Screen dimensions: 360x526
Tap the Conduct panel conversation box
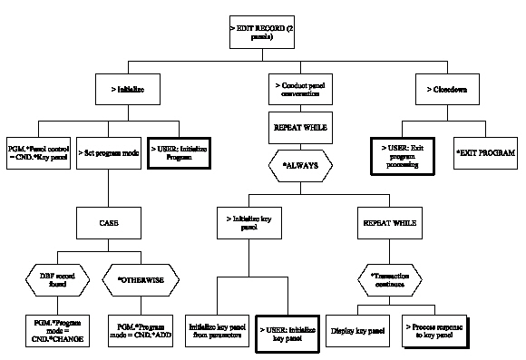303,90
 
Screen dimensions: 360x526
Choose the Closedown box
447,90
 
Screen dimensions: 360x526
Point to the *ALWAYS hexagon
302,166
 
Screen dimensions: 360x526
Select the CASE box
108,220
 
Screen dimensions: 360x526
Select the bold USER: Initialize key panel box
288,330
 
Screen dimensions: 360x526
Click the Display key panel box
358,330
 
